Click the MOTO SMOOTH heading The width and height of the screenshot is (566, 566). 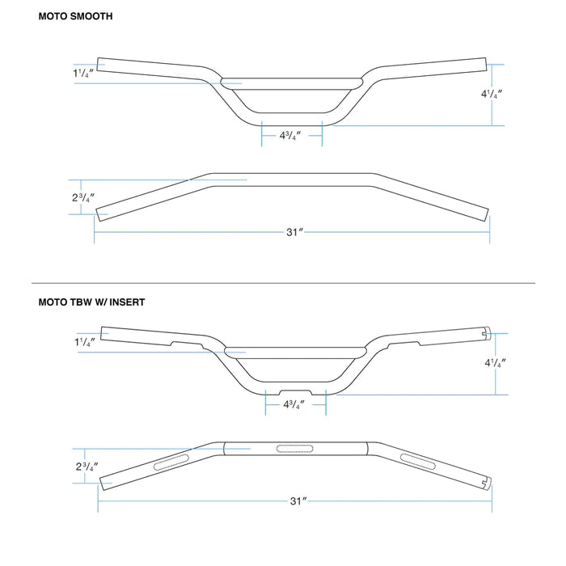pyautogui.click(x=75, y=15)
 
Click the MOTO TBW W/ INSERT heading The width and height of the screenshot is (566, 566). pyautogui.click(x=91, y=302)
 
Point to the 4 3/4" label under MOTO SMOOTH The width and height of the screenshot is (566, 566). pyautogui.click(x=291, y=136)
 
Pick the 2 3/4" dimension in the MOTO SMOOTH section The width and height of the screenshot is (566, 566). pyautogui.click(x=82, y=197)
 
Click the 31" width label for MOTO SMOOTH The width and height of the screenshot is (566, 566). pyautogui.click(x=294, y=232)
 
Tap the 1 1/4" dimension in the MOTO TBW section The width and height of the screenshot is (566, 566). pyautogui.click(x=83, y=342)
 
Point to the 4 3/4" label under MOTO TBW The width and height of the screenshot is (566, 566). pyautogui.click(x=294, y=404)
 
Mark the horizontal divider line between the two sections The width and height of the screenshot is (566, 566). pyautogui.click(x=283, y=283)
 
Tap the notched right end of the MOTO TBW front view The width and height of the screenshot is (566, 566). pyautogui.click(x=487, y=332)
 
